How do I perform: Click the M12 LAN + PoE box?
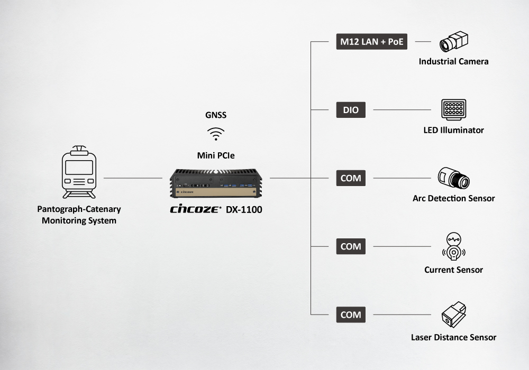pos(372,42)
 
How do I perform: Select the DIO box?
pos(350,110)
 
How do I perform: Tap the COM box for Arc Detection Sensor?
pos(350,178)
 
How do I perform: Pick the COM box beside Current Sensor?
pos(350,246)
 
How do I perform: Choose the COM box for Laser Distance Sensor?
pos(350,314)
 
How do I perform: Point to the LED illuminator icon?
pos(453,110)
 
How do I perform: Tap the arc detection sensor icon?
pos(453,179)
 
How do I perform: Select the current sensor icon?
pos(453,246)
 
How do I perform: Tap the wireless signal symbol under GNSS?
pos(215,133)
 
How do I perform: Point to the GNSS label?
pos(215,115)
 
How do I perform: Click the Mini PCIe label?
pos(215,155)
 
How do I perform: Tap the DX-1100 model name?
pos(244,209)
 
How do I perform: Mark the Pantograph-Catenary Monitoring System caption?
pos(79,215)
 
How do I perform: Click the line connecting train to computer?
pos(132,178)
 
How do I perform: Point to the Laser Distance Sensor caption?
pos(453,337)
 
